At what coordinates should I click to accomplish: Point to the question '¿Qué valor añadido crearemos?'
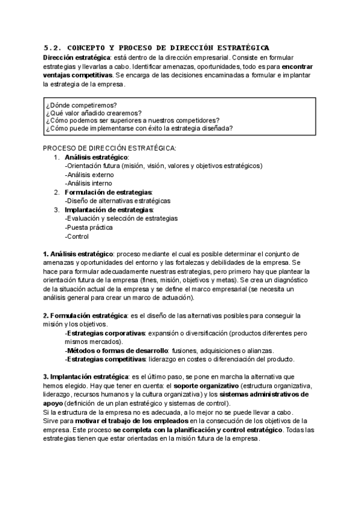tap(93, 112)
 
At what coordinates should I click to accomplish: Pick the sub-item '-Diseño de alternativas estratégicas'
tap(117, 201)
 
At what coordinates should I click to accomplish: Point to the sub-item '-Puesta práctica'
tap(89, 227)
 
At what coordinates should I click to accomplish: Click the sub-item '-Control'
tap(78, 236)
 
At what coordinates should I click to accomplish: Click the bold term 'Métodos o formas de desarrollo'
tap(117, 351)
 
